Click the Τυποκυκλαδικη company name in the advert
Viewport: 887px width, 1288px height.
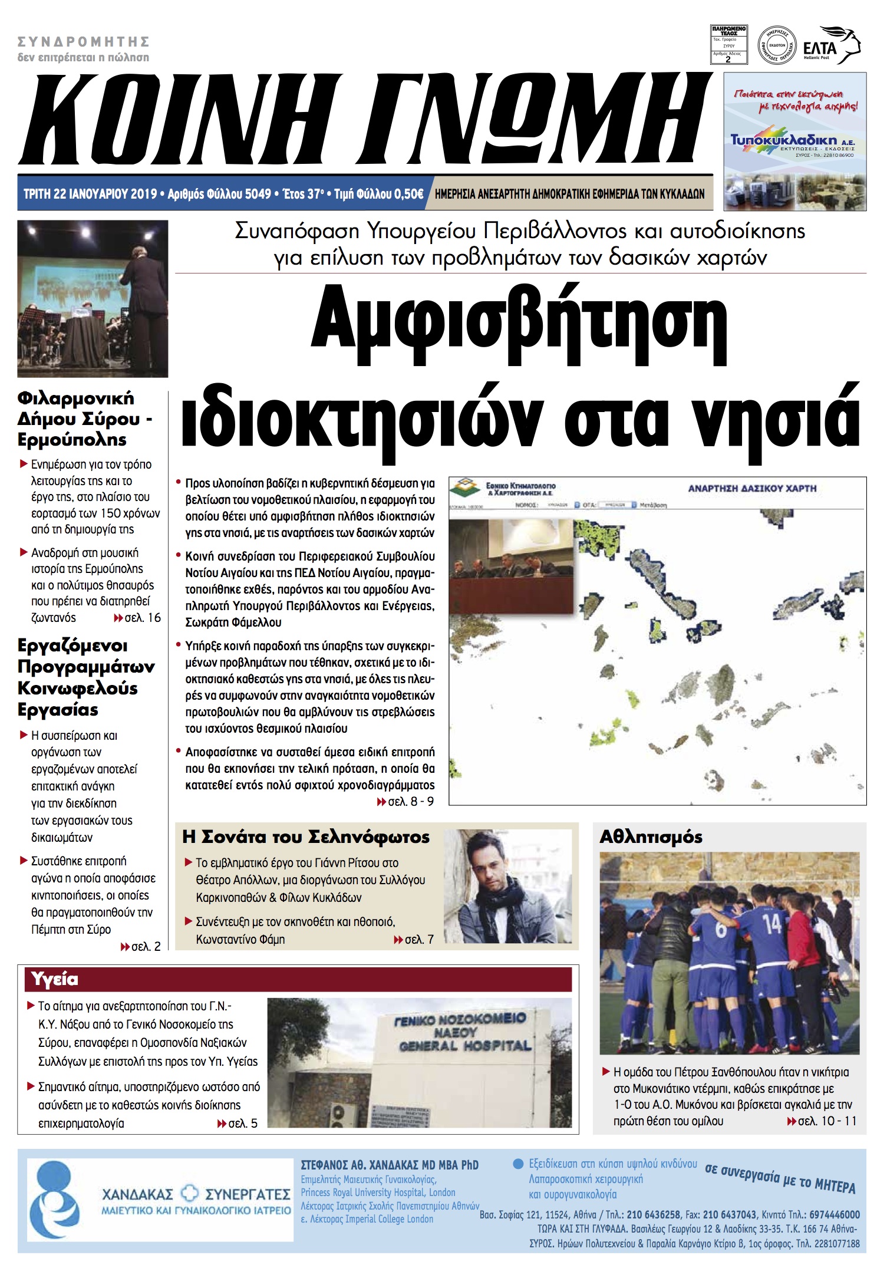(784, 140)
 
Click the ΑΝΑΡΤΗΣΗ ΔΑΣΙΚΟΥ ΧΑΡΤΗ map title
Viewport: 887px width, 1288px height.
(752, 488)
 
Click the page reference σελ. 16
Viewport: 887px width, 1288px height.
(142, 618)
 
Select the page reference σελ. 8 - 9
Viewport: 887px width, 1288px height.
(410, 802)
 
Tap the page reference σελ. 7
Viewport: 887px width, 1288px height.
(418, 940)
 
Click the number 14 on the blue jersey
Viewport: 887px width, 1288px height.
(771, 924)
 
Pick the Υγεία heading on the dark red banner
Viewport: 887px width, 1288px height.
(55, 979)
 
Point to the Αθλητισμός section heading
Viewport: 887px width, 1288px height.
(651, 837)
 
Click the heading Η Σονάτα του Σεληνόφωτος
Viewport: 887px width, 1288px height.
(306, 837)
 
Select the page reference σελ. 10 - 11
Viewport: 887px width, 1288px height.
(826, 1121)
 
